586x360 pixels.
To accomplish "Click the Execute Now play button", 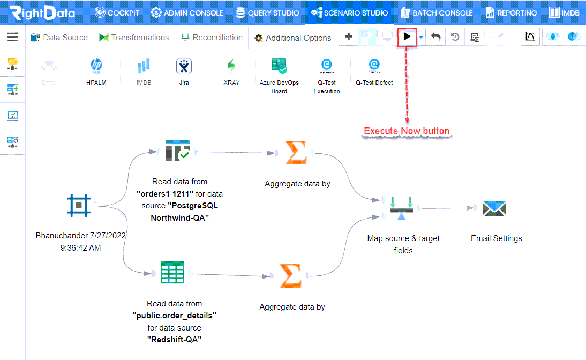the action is coord(407,36).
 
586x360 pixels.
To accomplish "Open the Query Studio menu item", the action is coord(268,13).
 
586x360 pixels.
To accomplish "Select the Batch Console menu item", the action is coord(437,13).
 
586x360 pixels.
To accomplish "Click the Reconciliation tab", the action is coord(212,37).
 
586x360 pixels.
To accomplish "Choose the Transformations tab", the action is coord(134,37).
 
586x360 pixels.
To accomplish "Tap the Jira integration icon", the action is coord(184,66).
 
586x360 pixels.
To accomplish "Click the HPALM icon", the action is coord(96,65).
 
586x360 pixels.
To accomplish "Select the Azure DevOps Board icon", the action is coord(279,66).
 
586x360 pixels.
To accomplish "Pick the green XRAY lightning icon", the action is coord(232,66).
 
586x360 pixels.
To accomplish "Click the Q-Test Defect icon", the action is coord(374,65).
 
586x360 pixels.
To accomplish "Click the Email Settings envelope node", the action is coord(494,208).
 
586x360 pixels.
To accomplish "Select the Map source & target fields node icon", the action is coord(401,208).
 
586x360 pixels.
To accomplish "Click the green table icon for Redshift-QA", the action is coord(172,273).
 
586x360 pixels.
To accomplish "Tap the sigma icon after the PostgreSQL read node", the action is coord(296,153).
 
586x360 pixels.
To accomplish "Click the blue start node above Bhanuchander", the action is coord(79,205).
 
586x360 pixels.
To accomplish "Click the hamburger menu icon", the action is coord(13,36).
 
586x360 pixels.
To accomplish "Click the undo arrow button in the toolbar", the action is coord(436,36).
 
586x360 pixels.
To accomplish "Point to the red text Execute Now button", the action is coord(407,131).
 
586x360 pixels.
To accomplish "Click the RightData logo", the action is coord(42,13).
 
